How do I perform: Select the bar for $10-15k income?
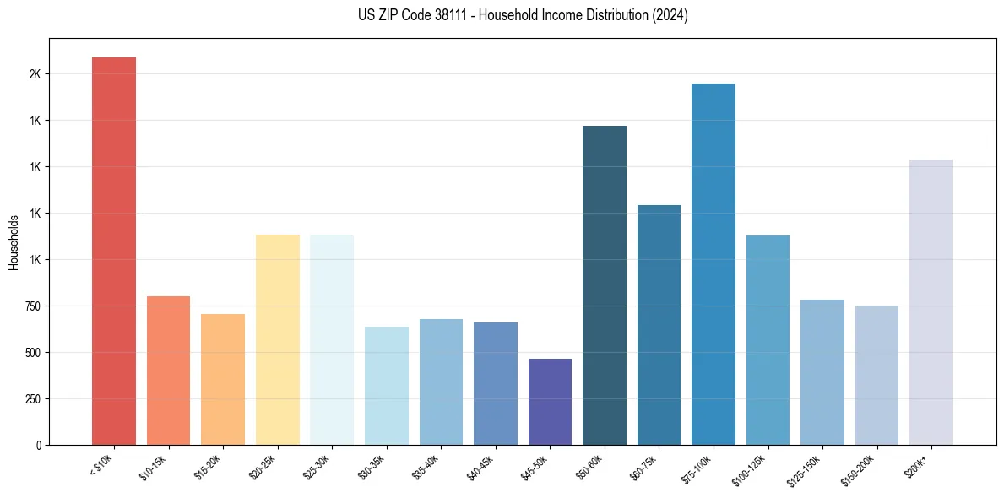point(168,371)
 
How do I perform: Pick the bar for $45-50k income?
point(550,402)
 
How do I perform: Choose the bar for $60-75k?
point(659,325)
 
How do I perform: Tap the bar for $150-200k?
point(876,375)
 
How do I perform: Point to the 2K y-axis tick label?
point(35,74)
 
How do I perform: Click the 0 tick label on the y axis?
point(38,445)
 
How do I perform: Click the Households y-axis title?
point(14,242)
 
